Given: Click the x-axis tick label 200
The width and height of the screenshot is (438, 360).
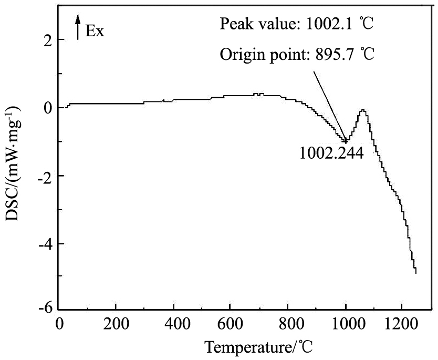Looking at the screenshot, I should [116, 322].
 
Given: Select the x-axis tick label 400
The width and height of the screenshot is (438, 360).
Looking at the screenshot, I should [173, 322].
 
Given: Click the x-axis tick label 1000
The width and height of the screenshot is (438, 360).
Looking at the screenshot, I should [345, 322].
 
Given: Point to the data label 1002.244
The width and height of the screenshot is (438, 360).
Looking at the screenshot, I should [331, 153].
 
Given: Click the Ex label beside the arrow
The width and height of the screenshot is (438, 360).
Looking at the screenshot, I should [95, 31].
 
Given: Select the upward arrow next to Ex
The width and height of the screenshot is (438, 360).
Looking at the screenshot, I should [78, 27].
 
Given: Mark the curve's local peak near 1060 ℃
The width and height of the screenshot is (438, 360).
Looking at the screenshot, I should [362, 110].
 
